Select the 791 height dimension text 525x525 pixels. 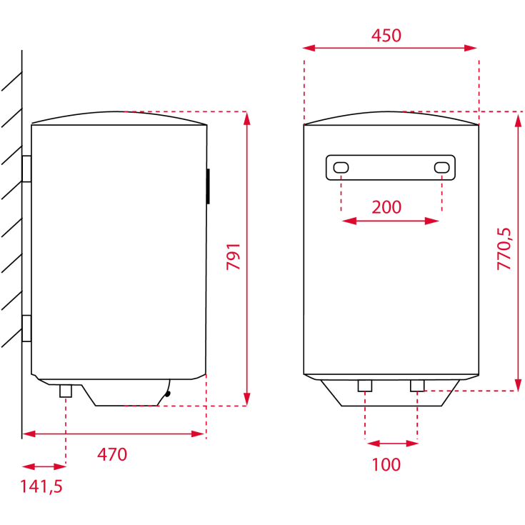[234, 257]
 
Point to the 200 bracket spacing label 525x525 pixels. [387, 207]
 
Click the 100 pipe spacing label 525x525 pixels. [386, 464]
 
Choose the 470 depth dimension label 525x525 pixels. [112, 454]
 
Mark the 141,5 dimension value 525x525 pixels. [41, 486]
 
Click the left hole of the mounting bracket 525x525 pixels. [341, 168]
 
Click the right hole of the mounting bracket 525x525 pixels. [441, 168]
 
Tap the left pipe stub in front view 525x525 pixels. [365, 386]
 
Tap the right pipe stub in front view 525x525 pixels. [417, 386]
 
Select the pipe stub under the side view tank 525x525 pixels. [66, 391]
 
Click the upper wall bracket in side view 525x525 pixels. [27, 169]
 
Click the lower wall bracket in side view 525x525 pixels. [27, 328]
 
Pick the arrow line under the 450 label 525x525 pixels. [389, 48]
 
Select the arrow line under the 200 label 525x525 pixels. [391, 221]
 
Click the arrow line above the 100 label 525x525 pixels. [391, 444]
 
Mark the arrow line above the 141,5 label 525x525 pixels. [44, 466]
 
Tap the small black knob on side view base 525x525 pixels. [168, 391]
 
